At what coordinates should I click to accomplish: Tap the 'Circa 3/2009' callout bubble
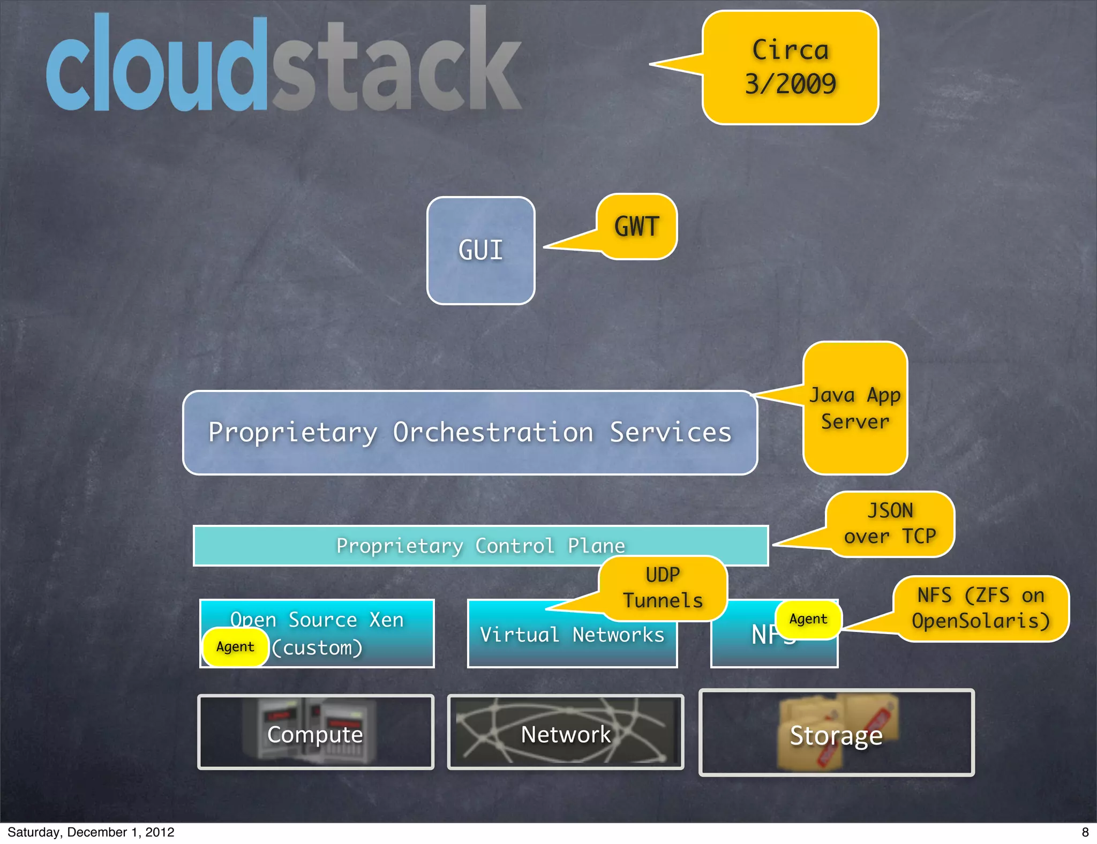pos(790,67)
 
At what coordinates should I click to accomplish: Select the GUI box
pos(480,251)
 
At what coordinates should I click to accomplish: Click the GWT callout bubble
pos(636,227)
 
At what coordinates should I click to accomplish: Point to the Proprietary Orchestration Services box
pos(470,433)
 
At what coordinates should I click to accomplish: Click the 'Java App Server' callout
pos(855,408)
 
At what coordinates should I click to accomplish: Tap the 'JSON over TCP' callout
pos(890,524)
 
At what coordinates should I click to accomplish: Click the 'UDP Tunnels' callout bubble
pos(663,588)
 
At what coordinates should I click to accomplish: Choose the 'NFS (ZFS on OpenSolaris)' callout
pos(980,608)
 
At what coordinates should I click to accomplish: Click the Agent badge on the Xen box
pos(235,647)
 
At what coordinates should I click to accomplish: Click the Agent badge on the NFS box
pos(808,619)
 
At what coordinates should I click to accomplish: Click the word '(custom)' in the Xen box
pos(318,648)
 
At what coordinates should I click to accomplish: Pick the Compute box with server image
pos(315,733)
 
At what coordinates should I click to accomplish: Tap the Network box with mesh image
pos(566,733)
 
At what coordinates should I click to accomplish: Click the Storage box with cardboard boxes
pos(836,733)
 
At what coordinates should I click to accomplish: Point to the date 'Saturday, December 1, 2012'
pos(91,832)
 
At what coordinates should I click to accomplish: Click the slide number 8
pos(1085,832)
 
